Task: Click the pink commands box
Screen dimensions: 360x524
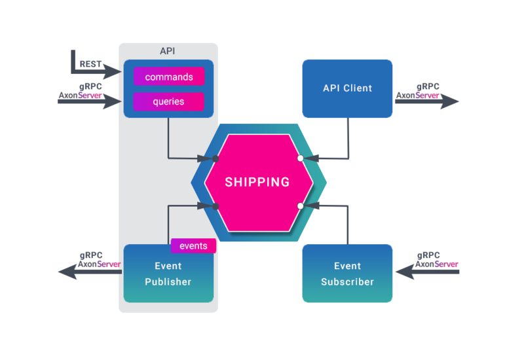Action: (169, 77)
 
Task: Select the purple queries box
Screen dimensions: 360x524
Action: (169, 102)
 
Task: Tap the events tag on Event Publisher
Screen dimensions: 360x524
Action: (193, 246)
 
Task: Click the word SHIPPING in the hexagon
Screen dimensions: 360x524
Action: (257, 182)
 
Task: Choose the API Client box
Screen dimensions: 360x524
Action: (347, 88)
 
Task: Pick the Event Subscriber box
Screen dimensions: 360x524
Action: (347, 274)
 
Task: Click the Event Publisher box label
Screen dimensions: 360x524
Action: (168, 274)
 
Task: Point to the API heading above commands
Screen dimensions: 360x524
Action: (168, 51)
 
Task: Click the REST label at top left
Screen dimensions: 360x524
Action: (89, 64)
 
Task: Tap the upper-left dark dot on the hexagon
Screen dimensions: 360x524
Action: (216, 158)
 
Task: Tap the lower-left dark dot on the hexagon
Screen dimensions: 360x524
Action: (216, 206)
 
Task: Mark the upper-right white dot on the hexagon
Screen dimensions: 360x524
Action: (300, 158)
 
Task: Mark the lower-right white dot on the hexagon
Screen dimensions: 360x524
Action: (300, 206)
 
